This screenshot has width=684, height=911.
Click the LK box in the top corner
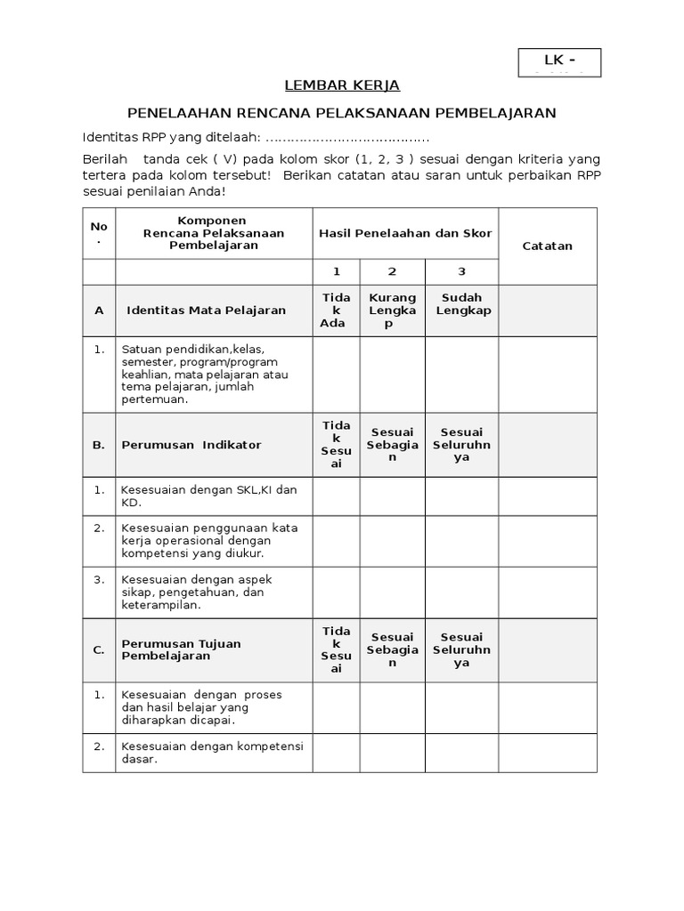[559, 62]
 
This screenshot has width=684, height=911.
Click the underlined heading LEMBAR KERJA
[342, 86]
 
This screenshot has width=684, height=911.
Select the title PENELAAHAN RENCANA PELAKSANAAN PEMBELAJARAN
[341, 113]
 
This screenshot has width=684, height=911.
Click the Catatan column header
[547, 246]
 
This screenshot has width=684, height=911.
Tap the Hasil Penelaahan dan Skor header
[405, 233]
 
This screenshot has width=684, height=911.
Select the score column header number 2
[392, 272]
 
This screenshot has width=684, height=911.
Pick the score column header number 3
[461, 272]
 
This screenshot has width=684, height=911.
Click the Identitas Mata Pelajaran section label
[206, 310]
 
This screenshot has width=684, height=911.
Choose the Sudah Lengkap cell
[461, 304]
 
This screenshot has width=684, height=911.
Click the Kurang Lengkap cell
[392, 310]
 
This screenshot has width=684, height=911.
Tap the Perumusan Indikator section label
[191, 445]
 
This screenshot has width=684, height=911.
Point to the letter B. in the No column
[99, 445]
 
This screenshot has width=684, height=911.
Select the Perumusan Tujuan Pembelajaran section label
[182, 649]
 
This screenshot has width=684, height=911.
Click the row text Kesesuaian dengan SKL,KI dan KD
[209, 496]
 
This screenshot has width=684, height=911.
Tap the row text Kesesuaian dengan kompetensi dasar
[212, 753]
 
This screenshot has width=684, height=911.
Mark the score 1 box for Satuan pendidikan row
[336, 374]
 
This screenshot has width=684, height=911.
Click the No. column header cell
[99, 233]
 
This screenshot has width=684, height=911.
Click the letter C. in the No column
[99, 649]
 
